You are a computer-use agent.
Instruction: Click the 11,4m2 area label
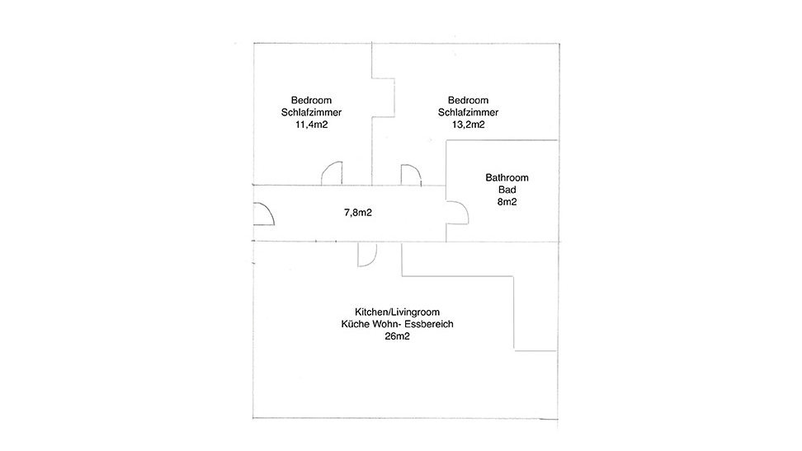click(312, 124)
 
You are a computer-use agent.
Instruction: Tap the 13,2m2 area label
click(469, 124)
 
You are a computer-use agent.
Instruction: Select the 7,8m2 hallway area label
click(358, 213)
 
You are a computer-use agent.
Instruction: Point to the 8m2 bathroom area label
click(507, 202)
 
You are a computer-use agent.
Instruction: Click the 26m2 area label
click(398, 336)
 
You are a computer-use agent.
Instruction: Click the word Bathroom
click(507, 178)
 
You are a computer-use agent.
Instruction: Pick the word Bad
click(507, 190)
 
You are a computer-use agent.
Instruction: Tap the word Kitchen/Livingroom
click(398, 312)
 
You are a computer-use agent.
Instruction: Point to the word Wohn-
click(388, 324)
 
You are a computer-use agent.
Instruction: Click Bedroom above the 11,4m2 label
click(312, 101)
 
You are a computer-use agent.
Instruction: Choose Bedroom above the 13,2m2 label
click(468, 101)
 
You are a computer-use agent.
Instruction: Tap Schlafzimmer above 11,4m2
click(312, 112)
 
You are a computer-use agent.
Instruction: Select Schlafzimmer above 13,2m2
click(468, 112)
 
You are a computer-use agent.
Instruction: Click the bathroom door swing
click(465, 207)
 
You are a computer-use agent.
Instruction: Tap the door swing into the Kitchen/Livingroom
click(373, 261)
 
